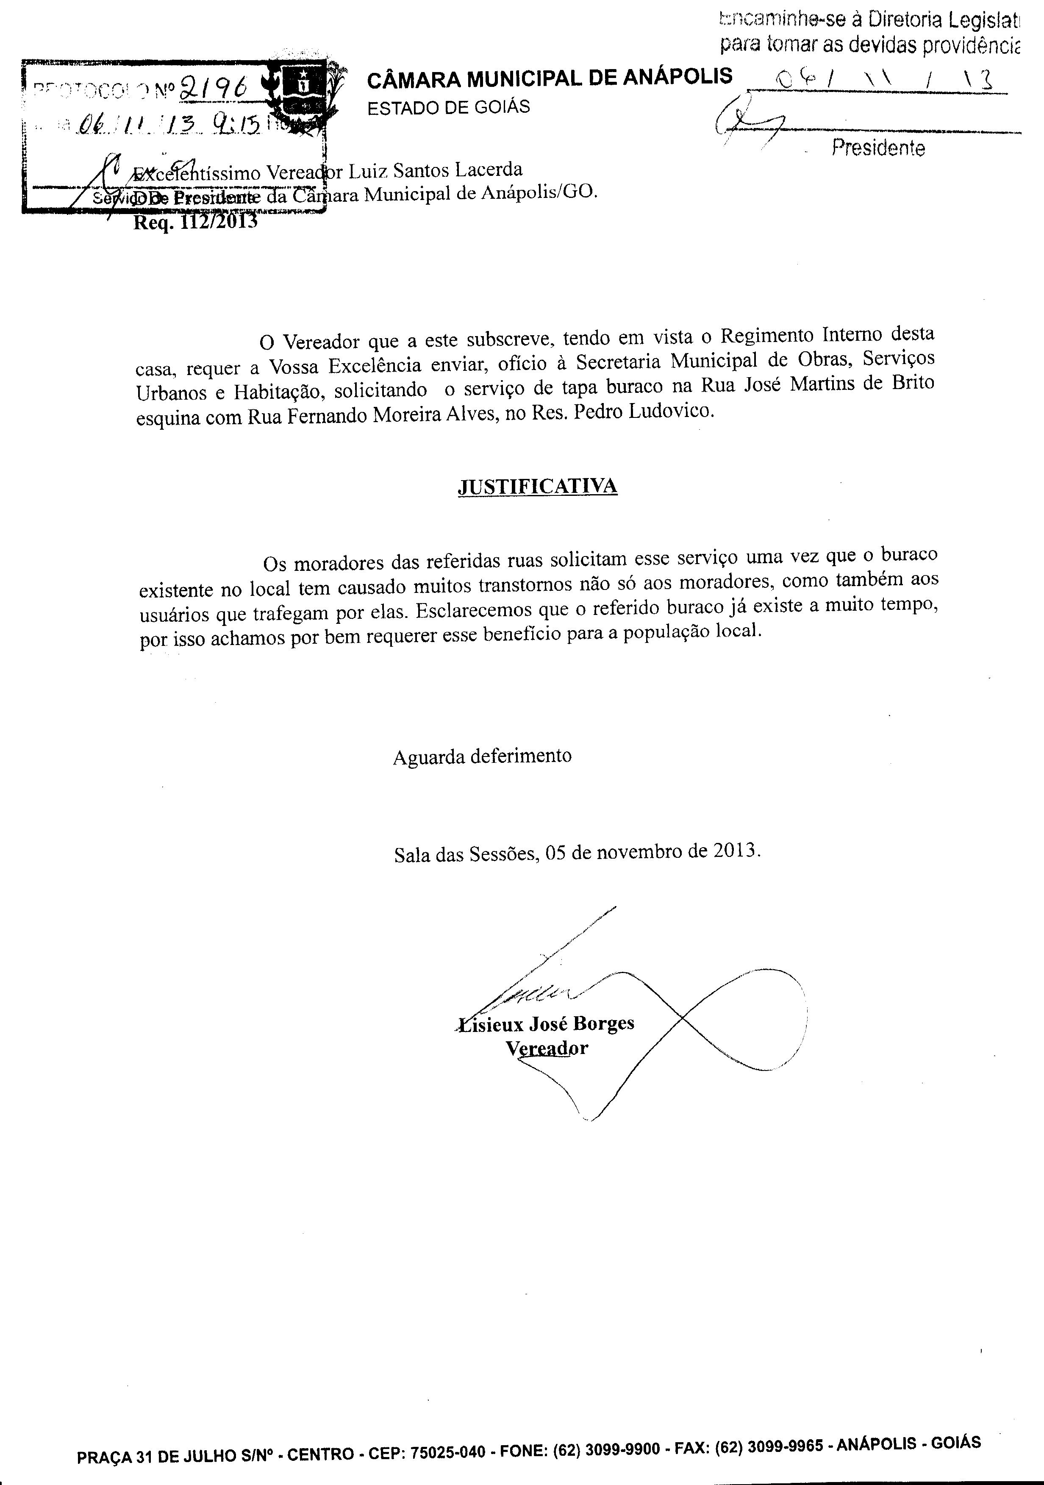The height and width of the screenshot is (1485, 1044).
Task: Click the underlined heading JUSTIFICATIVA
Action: point(537,487)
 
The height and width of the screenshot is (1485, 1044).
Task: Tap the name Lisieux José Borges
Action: point(546,1024)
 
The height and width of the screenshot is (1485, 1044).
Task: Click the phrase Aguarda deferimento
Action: point(482,756)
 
